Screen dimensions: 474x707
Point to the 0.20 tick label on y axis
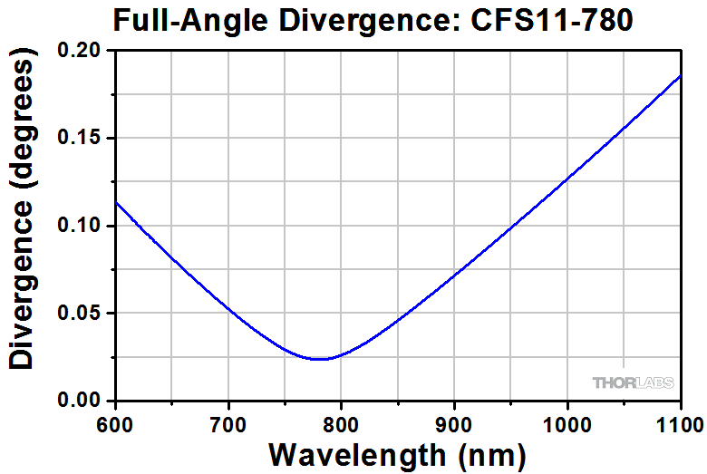82,52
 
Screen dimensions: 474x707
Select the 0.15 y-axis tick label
82,139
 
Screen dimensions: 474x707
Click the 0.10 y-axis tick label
82,226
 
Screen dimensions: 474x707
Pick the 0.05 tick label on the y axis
82,314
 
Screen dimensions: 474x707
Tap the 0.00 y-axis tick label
82,401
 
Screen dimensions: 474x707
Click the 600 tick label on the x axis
116,422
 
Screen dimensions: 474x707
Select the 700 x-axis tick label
228,422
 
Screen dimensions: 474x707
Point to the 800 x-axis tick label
342,422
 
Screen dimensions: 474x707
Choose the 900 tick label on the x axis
454,422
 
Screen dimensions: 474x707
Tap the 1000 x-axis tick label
567,422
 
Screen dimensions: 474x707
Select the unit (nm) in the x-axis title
489,453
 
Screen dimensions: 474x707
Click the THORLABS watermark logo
633,383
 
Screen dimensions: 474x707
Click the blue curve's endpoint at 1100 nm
680,76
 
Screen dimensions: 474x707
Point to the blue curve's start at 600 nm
116,201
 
